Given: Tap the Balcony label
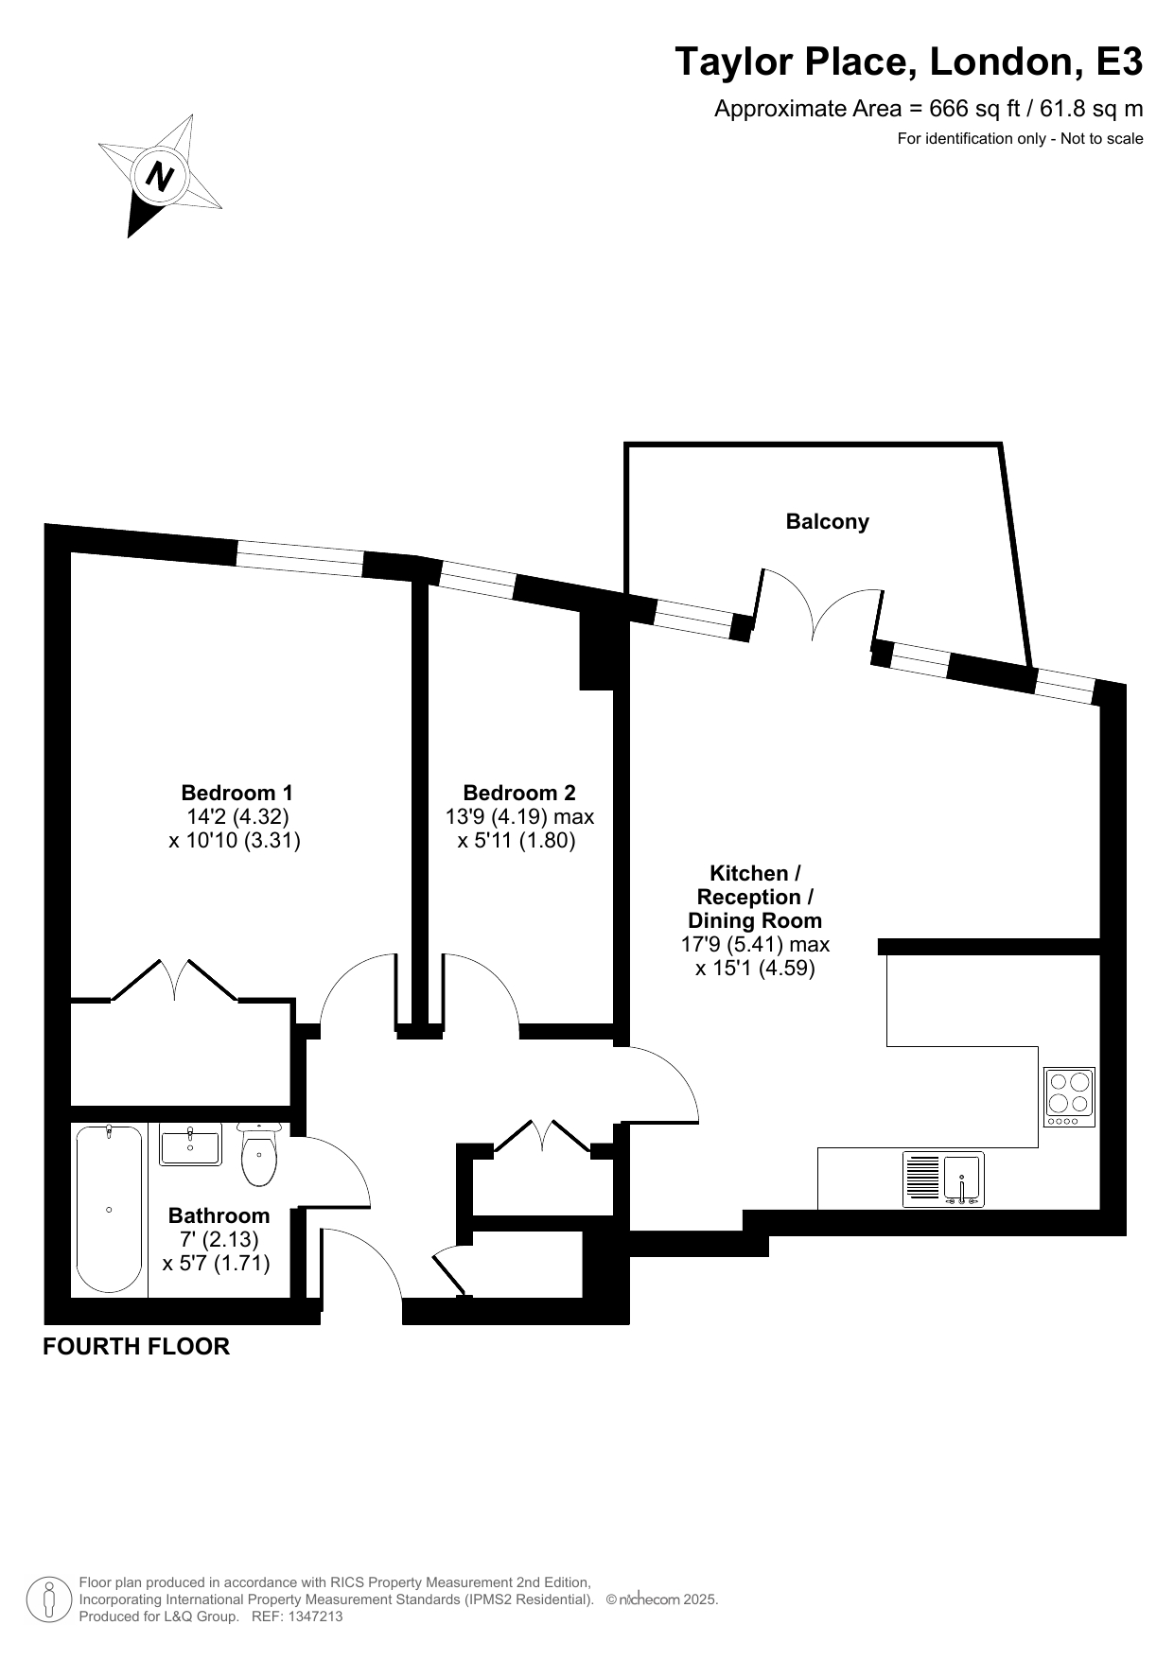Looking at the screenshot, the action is pyautogui.click(x=827, y=521).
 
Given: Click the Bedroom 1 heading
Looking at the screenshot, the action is pyautogui.click(x=237, y=793).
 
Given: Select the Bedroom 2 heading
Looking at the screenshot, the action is pyautogui.click(x=519, y=793).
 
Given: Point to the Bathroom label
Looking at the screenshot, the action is pyautogui.click(x=219, y=1215).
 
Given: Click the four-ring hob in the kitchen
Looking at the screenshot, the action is pyautogui.click(x=1069, y=1097).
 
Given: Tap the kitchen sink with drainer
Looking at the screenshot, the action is pyautogui.click(x=943, y=1179).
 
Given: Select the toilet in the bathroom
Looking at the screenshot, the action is pyautogui.click(x=258, y=1154).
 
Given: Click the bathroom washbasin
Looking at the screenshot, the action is pyautogui.click(x=190, y=1144).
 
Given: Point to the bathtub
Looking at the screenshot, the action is pyautogui.click(x=110, y=1209).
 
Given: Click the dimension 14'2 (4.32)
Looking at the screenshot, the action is pyautogui.click(x=237, y=816).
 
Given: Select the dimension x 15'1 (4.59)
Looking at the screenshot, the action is pyautogui.click(x=755, y=968).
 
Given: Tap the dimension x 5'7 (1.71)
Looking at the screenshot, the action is pyautogui.click(x=217, y=1263).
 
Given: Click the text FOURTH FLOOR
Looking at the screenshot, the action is pyautogui.click(x=136, y=1346).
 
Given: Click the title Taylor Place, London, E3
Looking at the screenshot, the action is pyautogui.click(x=909, y=62).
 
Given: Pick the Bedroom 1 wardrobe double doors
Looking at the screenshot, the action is pyautogui.click(x=174, y=980).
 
